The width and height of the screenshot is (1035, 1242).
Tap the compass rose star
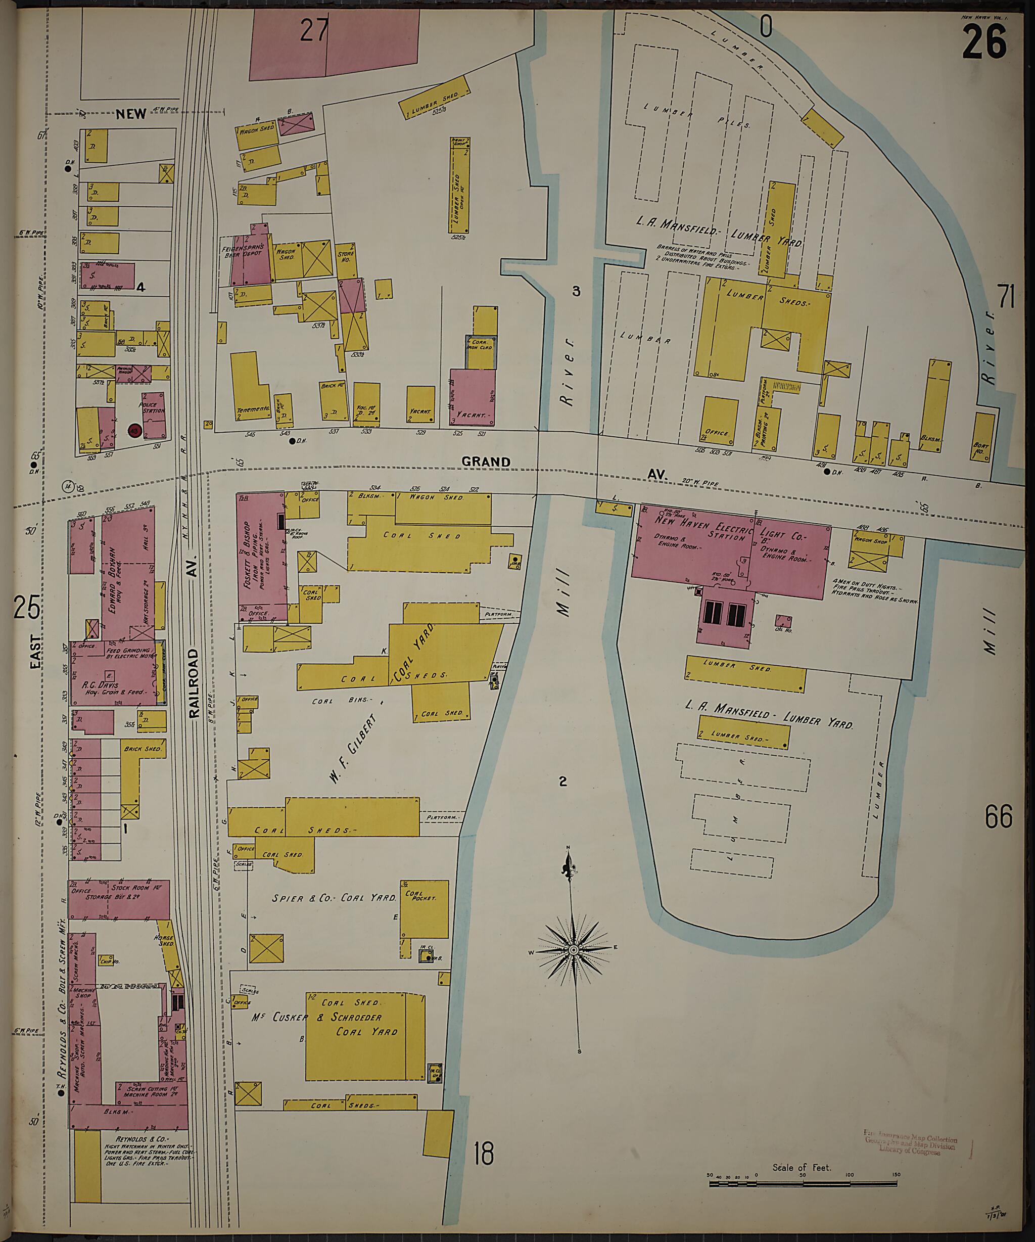[573, 950]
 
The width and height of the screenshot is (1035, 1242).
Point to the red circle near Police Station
[134, 431]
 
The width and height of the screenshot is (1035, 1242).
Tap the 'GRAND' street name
[486, 462]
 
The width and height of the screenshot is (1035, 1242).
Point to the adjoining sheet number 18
[484, 1154]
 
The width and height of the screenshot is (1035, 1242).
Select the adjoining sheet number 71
[1006, 296]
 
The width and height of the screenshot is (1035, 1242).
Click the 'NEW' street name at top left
[131, 114]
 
